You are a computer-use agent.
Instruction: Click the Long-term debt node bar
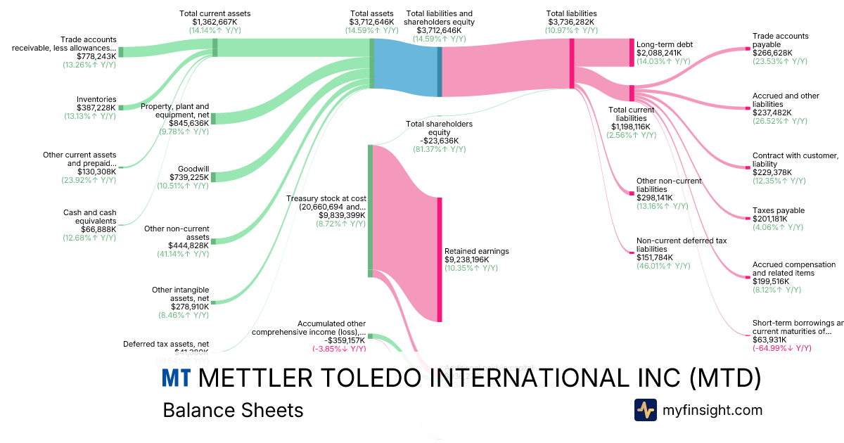point(632,53)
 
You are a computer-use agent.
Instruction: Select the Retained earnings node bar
point(440,259)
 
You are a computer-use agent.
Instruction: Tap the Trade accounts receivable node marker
point(121,52)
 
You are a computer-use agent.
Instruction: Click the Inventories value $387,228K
point(97,108)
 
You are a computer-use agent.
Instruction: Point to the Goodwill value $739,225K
point(189,177)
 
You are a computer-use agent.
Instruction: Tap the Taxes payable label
point(779,210)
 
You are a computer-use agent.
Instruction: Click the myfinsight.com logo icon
point(645,409)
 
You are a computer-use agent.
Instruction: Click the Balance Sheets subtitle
point(233,410)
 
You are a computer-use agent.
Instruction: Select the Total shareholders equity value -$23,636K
point(439,140)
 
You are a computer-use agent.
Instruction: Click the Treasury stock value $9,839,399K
point(342,215)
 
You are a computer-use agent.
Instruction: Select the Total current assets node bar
point(215,47)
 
